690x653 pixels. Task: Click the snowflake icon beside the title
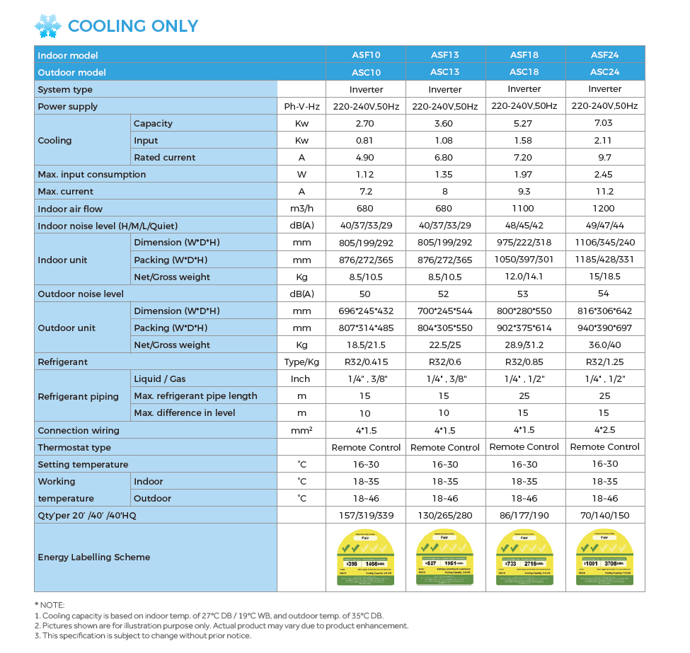[x=48, y=26]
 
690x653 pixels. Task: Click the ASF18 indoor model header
[x=524, y=54]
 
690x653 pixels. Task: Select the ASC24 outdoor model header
[x=605, y=71]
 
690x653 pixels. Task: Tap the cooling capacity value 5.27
[x=524, y=123]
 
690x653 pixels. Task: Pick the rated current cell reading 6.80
[x=445, y=157]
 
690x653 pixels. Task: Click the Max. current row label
[x=66, y=191]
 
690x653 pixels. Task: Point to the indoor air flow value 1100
[x=524, y=209]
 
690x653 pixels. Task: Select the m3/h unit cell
[x=301, y=209]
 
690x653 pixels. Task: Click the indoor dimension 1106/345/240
[x=605, y=243]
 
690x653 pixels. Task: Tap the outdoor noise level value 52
[x=445, y=294]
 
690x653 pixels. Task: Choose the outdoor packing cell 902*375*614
[x=524, y=328]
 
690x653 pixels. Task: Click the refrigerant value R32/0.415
[x=366, y=362]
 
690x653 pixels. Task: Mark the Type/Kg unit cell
[x=301, y=362]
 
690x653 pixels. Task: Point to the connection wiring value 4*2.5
[x=605, y=429]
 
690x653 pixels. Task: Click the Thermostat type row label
[x=74, y=447]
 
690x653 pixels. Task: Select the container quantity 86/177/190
[x=524, y=515]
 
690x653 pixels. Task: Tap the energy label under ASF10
[x=366, y=557]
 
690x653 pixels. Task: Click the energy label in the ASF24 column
[x=605, y=557]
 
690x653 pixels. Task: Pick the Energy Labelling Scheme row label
[x=94, y=557]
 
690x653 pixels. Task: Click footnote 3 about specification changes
[x=142, y=635]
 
